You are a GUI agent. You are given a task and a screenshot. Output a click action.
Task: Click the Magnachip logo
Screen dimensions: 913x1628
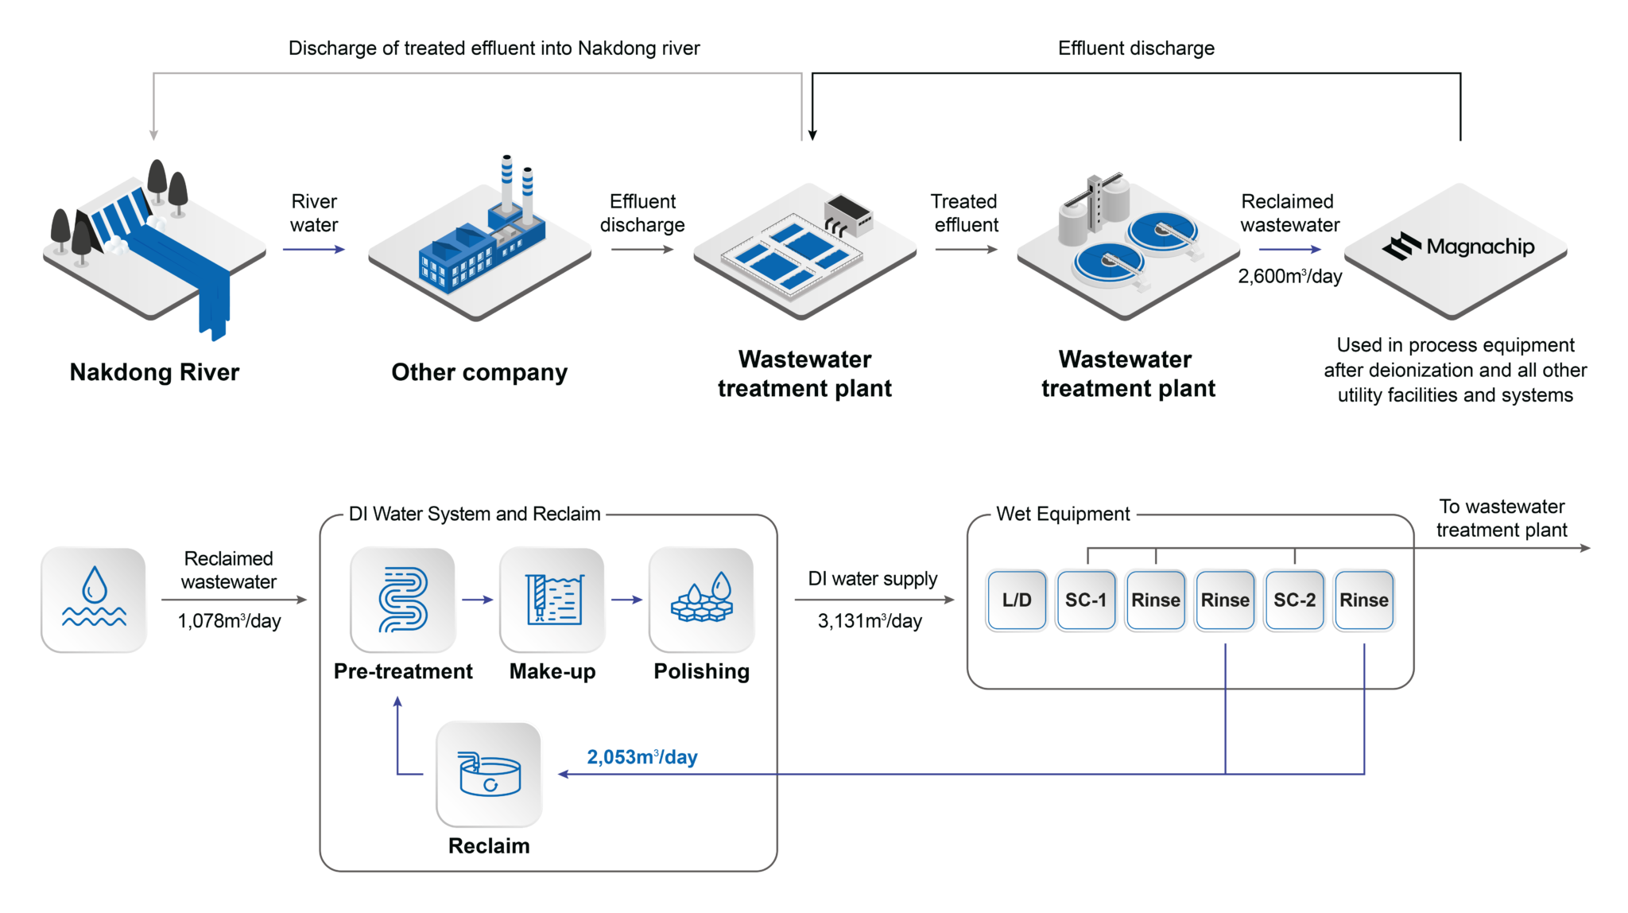pos(1458,247)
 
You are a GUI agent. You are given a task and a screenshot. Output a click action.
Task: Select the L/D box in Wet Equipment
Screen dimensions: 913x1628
pos(1017,600)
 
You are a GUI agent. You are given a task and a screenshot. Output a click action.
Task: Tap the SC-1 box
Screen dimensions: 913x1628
pos(1086,600)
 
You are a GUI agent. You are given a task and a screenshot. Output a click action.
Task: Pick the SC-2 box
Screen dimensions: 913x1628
pos(1294,600)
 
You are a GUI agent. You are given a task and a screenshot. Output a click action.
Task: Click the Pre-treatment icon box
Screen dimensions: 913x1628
pos(403,600)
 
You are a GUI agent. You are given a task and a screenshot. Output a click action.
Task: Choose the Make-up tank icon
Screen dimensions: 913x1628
pos(552,600)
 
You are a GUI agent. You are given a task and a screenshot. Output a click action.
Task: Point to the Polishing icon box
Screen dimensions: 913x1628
pos(701,600)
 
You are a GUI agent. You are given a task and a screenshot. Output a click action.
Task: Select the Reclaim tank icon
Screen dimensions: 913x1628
pos(489,774)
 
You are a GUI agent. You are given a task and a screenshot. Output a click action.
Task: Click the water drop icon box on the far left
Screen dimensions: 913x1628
pos(94,600)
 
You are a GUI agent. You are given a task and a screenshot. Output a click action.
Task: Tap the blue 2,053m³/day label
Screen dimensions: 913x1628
pos(642,757)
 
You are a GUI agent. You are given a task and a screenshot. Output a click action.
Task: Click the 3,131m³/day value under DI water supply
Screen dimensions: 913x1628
pos(870,621)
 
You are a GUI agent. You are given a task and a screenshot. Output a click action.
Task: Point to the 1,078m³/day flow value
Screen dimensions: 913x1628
pos(230,621)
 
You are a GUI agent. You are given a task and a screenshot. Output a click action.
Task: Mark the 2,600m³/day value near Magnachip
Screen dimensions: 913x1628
pos(1289,277)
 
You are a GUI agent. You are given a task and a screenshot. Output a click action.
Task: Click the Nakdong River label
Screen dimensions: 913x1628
pos(154,372)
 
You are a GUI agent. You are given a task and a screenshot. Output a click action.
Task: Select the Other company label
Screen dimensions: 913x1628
pos(479,372)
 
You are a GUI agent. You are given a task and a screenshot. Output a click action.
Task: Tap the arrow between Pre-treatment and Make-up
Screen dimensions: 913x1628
pos(478,600)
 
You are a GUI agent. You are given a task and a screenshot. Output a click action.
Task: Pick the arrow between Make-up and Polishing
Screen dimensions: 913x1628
pos(627,600)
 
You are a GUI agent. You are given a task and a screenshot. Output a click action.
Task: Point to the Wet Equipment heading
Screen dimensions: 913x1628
pos(1063,514)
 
